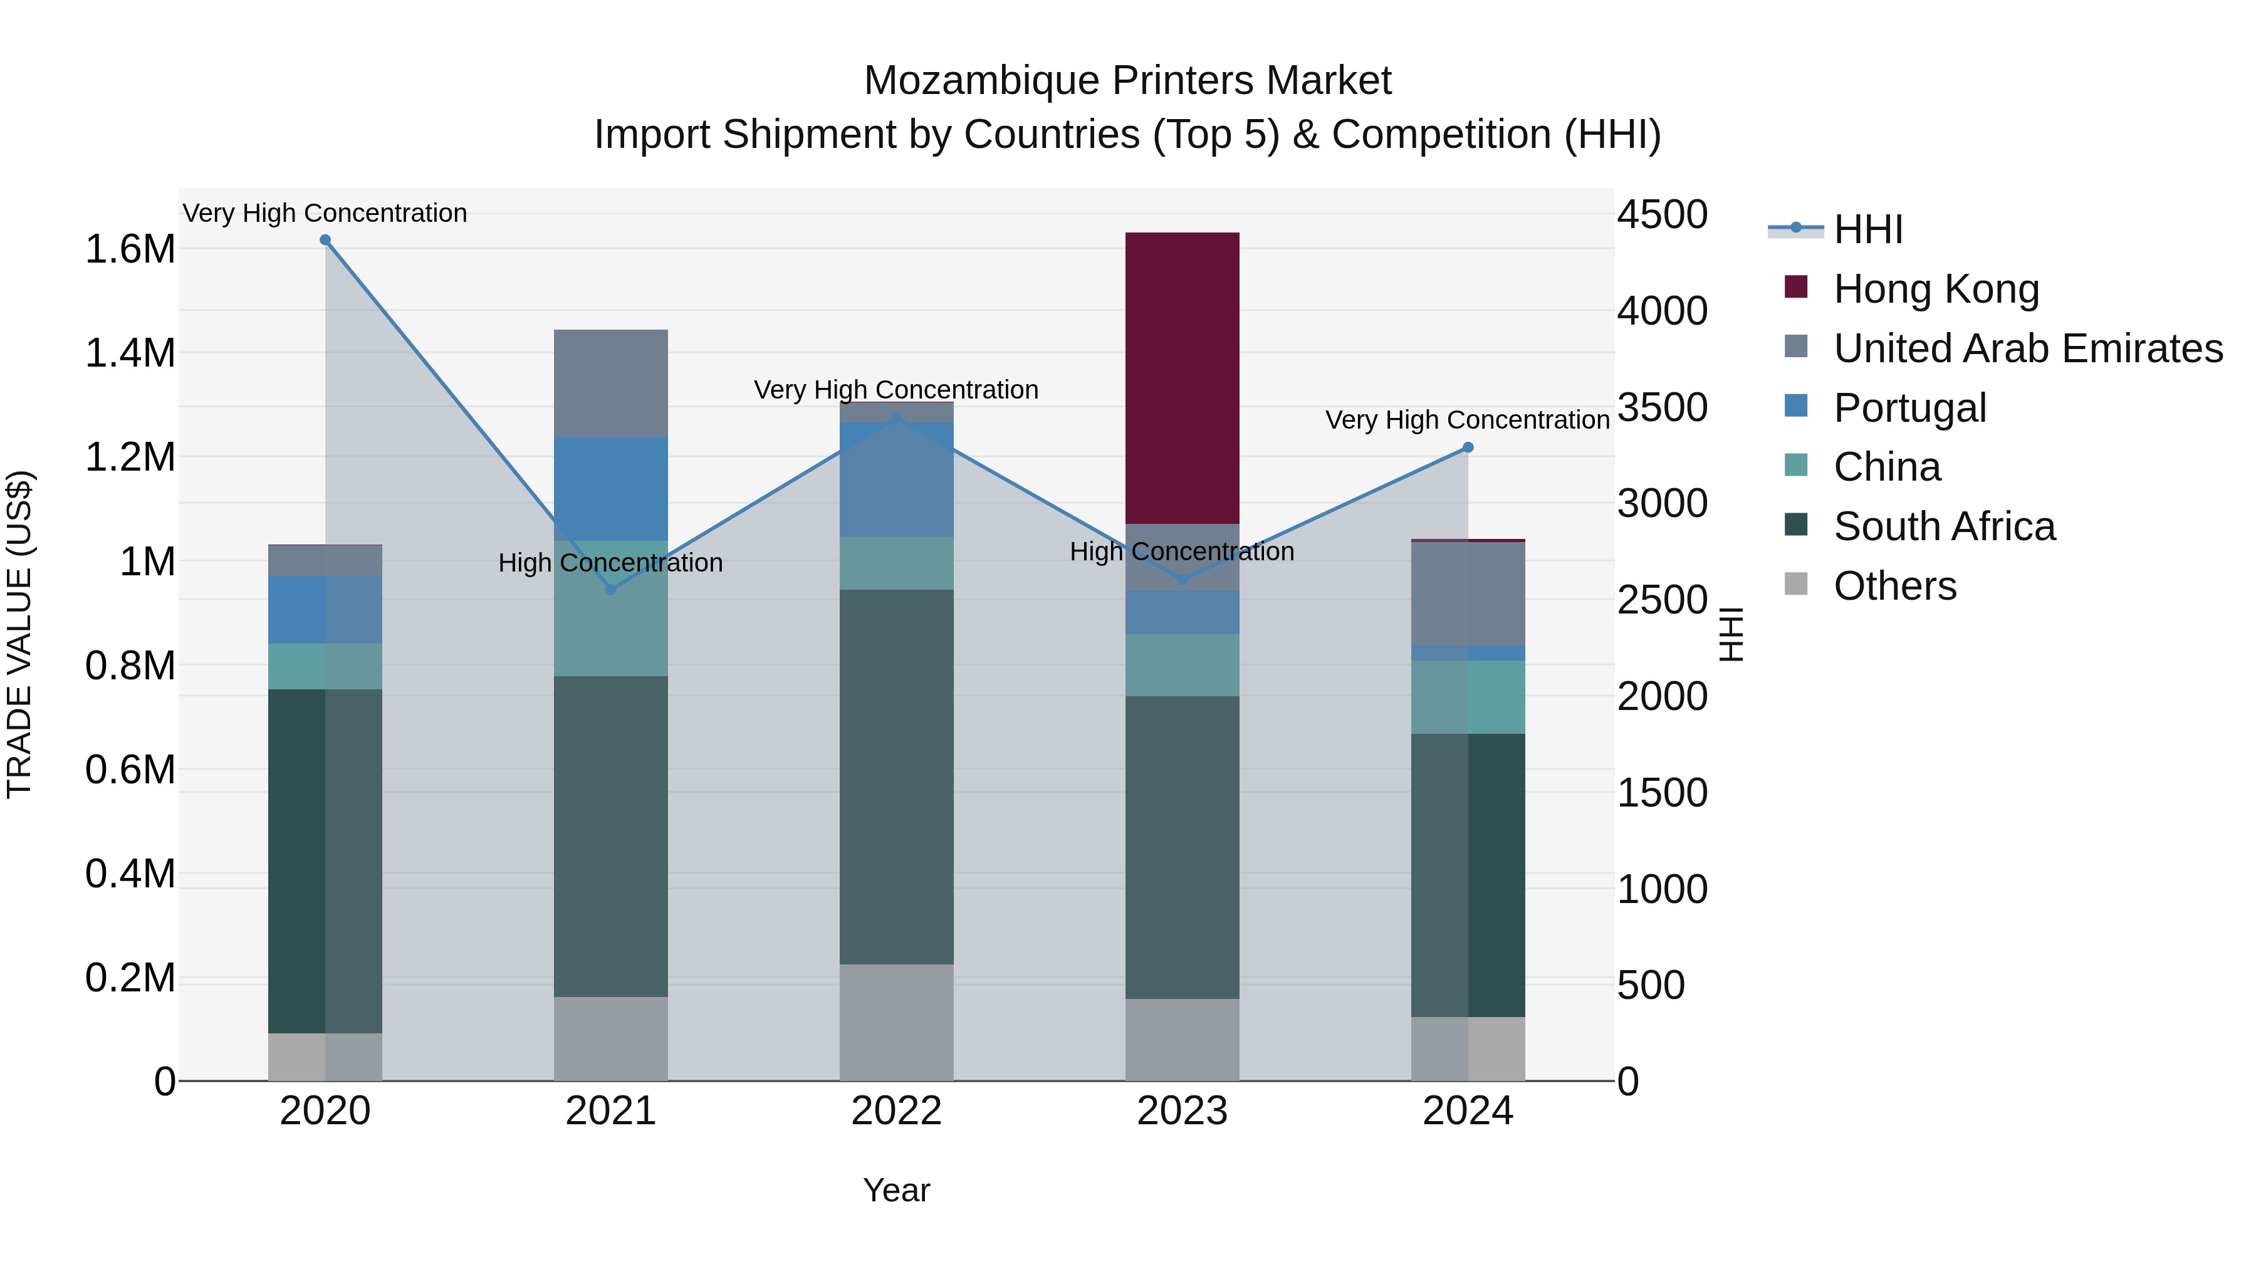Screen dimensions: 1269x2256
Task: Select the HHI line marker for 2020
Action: (325, 240)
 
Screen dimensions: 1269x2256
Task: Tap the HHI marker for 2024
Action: (1468, 447)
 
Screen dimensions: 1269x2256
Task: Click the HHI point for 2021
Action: (611, 590)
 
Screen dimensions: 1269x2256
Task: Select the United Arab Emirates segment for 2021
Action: (610, 383)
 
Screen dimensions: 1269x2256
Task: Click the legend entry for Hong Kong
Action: (1936, 289)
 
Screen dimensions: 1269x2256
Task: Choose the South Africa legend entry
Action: (1943, 526)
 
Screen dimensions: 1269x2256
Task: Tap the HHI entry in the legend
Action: (1867, 229)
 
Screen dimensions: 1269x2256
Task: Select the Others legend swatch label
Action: (1894, 586)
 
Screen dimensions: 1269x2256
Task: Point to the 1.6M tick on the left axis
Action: (130, 249)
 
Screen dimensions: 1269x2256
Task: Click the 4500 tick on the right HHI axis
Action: (1661, 214)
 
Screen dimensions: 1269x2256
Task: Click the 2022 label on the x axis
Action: (896, 1111)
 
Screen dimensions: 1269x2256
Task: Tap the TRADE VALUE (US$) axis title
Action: (19, 634)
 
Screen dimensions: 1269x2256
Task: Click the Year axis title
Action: (896, 1190)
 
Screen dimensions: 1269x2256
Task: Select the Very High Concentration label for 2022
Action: (896, 390)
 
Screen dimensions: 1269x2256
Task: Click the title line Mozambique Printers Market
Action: (1127, 81)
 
